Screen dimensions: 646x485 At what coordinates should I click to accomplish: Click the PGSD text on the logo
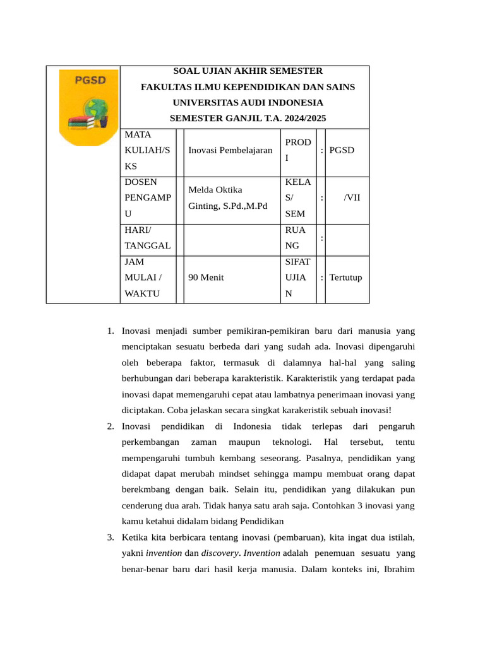[x=90, y=81]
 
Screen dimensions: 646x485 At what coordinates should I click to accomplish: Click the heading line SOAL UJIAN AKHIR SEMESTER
[x=248, y=71]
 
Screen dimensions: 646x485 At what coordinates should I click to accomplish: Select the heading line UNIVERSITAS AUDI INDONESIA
[x=248, y=102]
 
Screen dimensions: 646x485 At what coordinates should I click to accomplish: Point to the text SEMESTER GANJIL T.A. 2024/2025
[x=248, y=118]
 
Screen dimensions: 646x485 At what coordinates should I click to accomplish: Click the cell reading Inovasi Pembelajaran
[x=230, y=150]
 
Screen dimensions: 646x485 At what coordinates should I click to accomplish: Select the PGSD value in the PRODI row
[x=342, y=150]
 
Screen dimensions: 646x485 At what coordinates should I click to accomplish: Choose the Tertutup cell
[x=345, y=277]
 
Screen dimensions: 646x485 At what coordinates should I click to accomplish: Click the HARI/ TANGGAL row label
[x=147, y=238]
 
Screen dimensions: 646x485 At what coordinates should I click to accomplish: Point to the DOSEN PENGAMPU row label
[x=147, y=198]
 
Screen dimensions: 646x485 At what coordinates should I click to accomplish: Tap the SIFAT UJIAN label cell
[x=297, y=277]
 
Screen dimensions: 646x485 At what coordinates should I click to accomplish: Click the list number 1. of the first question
[x=109, y=331]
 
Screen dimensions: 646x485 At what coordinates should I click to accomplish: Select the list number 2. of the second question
[x=109, y=426]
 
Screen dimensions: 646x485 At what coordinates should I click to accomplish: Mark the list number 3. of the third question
[x=109, y=537]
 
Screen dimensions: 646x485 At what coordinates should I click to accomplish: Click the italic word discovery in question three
[x=220, y=553]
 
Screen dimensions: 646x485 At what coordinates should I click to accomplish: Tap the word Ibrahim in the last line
[x=398, y=569]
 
